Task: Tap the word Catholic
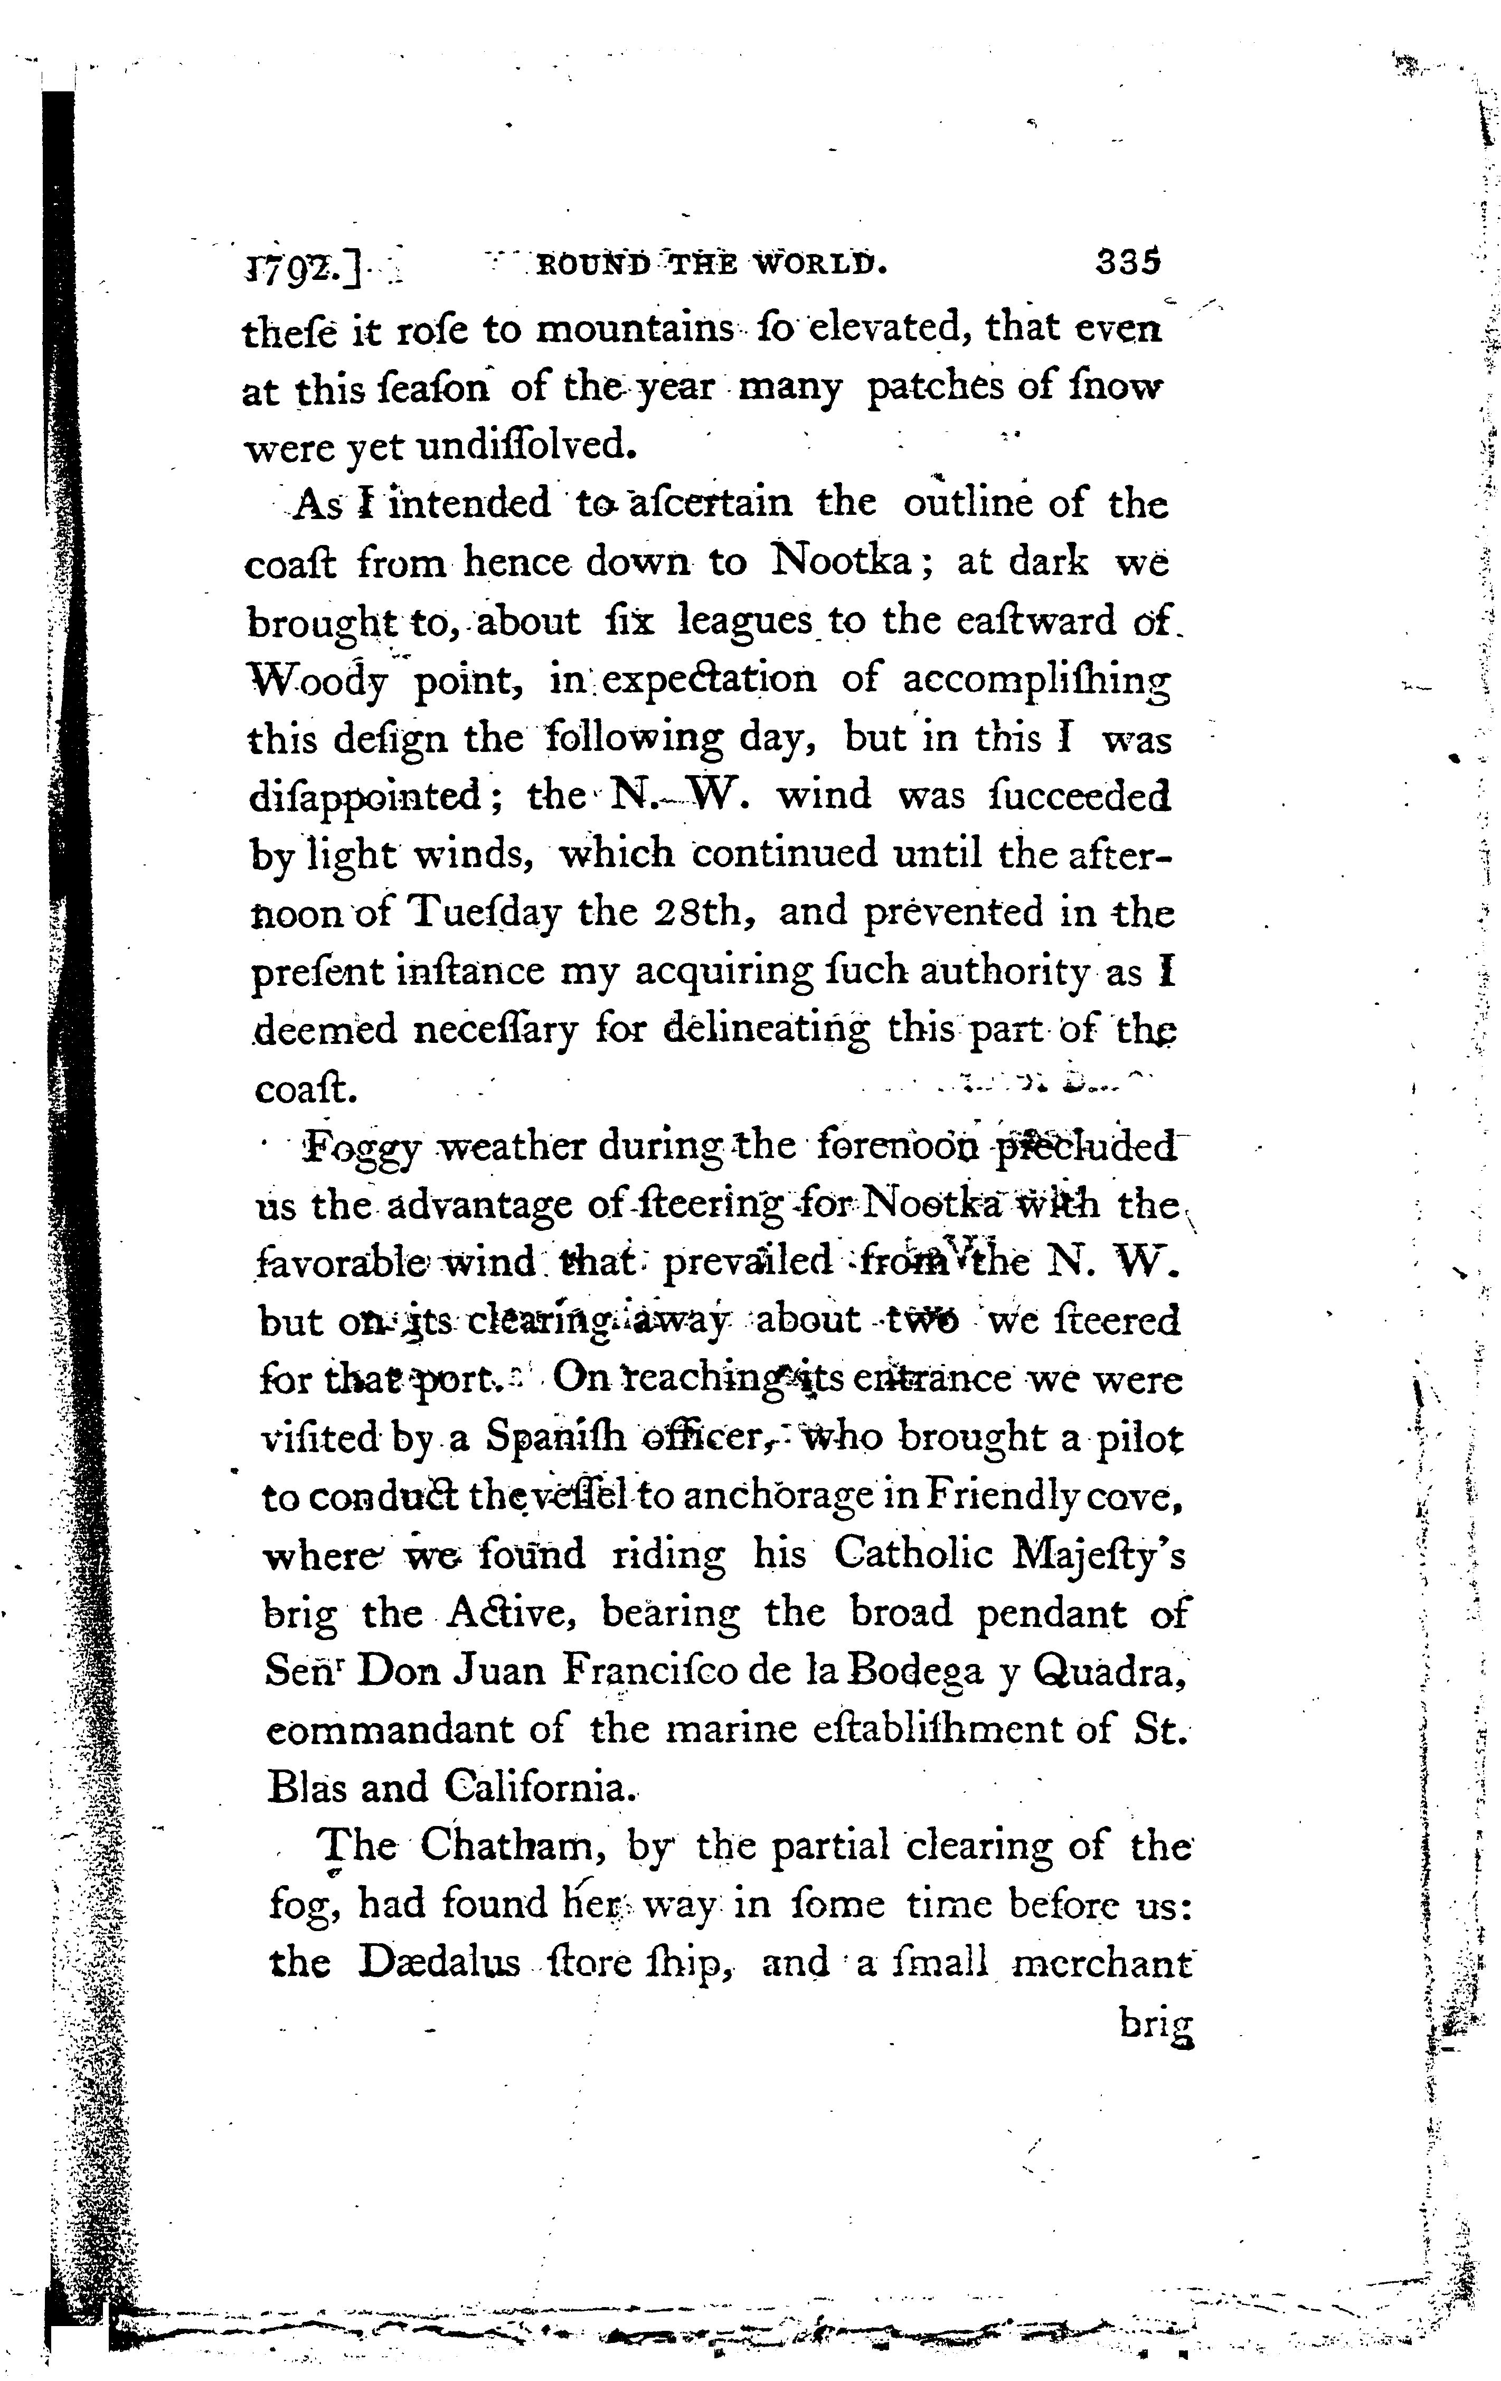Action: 912,1555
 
